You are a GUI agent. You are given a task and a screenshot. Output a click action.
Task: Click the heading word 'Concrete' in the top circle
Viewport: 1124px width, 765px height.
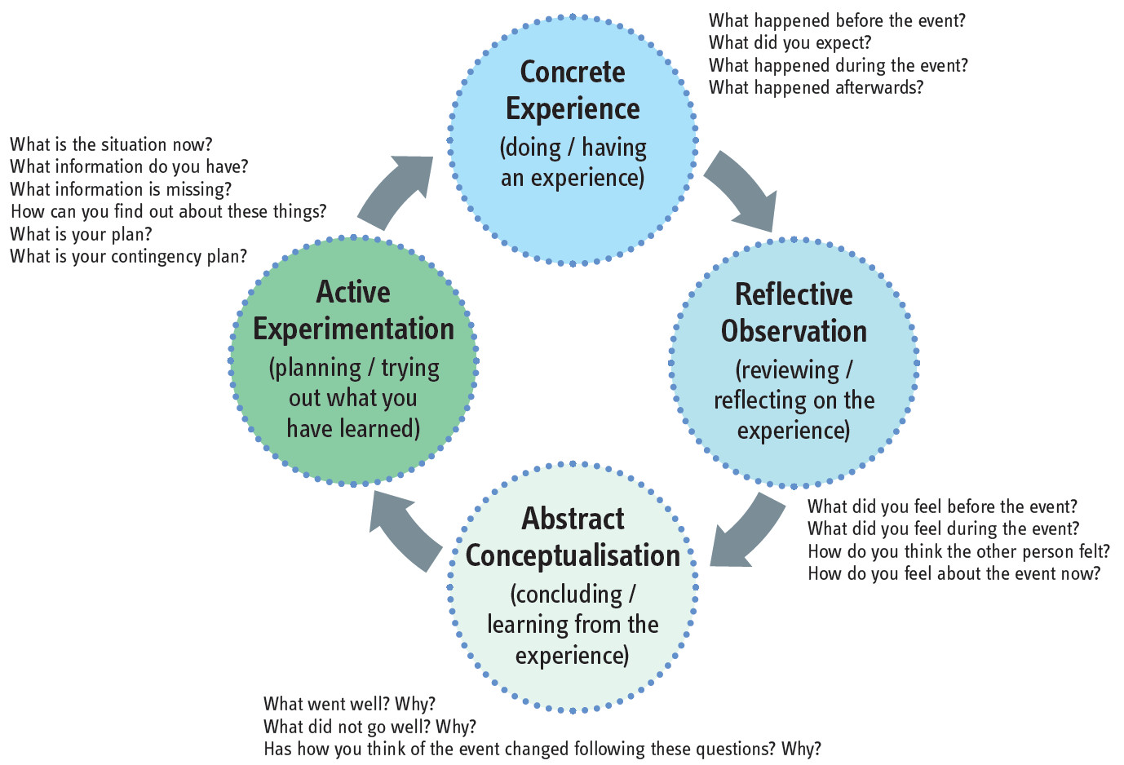pos(573,72)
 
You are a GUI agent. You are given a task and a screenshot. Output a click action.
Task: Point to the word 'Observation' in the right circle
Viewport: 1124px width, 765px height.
pos(794,331)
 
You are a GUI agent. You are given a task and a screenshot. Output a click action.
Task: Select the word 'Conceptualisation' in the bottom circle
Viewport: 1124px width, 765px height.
pos(573,555)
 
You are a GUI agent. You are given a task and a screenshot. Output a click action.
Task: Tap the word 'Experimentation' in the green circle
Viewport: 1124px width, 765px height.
pos(353,329)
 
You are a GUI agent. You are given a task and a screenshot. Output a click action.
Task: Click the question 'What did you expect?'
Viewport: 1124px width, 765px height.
pos(790,42)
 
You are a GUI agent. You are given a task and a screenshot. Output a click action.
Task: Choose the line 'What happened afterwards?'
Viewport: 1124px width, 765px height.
pos(816,87)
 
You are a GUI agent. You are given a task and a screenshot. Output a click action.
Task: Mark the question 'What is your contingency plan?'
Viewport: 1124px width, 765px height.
pos(128,256)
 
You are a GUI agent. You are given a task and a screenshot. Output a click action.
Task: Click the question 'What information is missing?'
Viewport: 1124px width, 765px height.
pos(121,189)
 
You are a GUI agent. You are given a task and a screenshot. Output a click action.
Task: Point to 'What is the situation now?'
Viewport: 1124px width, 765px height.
pos(111,144)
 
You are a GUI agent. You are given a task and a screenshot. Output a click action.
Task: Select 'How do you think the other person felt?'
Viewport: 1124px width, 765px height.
pos(958,551)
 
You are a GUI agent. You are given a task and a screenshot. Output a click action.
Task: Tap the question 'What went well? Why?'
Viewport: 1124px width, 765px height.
pos(349,704)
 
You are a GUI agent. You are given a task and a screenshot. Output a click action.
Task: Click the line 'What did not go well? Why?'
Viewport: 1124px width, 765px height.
pos(370,727)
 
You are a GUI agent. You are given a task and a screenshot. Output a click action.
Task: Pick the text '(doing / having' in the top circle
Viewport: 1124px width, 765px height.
pos(573,148)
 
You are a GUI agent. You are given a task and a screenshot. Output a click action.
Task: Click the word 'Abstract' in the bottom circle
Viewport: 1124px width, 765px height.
pos(573,519)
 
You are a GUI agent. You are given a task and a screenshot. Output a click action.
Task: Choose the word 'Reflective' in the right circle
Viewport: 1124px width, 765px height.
pos(794,294)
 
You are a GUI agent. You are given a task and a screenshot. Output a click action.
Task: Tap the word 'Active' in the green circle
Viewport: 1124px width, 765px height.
pos(353,292)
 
